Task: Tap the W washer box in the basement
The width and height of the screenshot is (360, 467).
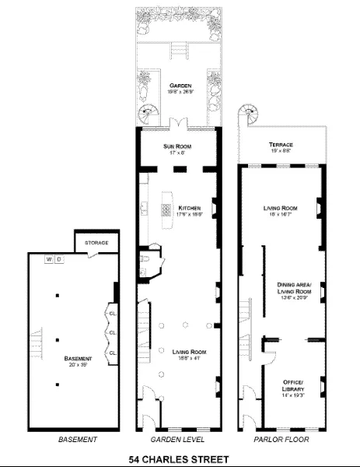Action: coord(48,259)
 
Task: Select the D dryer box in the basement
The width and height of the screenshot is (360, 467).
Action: coord(58,259)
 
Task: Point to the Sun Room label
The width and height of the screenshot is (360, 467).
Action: coord(177,146)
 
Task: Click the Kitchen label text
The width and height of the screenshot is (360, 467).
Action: coord(190,208)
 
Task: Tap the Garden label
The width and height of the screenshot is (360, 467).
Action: coord(177,83)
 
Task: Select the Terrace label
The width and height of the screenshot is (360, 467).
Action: coord(281,145)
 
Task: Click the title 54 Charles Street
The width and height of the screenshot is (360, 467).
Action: coord(178,459)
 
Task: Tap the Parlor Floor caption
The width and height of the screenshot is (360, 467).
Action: coord(280,440)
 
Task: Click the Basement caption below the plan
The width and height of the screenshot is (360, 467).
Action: coord(78,440)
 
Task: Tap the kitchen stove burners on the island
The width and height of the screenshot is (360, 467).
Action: coord(165,209)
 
